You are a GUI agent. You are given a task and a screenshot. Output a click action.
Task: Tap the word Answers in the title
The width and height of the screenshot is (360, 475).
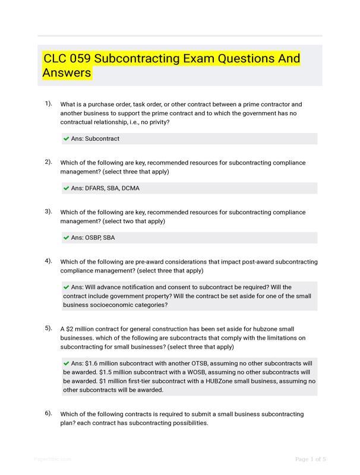[67, 73]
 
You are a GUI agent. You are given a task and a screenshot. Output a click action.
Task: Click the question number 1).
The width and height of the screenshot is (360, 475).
[48, 103]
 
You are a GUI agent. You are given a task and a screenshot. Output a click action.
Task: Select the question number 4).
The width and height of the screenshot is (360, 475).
[48, 261]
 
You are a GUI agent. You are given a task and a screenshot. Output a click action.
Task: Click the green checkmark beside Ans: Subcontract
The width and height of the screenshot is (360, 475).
[66, 138]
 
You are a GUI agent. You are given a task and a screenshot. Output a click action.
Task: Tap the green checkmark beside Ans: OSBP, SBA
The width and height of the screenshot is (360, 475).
[66, 237]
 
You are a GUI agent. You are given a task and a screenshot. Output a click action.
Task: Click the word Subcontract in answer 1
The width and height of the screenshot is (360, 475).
[102, 138]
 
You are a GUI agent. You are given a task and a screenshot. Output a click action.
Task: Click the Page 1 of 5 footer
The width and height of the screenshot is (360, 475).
[311, 459]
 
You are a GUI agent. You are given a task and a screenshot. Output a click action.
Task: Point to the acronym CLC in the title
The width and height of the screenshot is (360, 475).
[55, 59]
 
